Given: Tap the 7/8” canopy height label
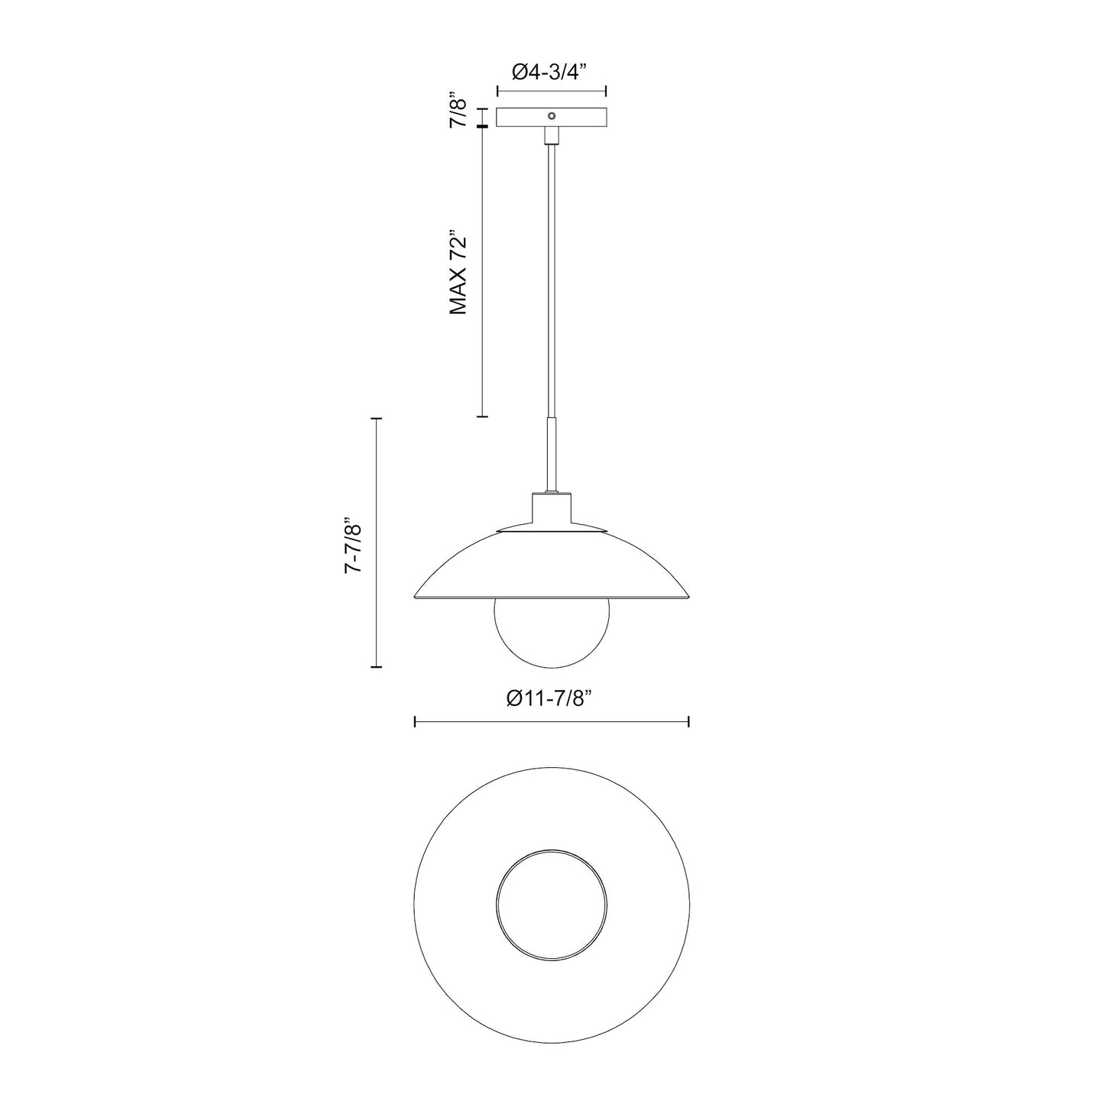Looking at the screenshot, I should coord(458,112).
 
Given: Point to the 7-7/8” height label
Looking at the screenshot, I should coord(352,543).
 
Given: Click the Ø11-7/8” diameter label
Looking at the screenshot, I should coord(551,698).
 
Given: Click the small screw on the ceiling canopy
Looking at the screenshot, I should coord(551,116).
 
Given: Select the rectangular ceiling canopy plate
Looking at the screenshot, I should coord(527,118).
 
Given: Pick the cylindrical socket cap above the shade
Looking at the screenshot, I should coord(551,510).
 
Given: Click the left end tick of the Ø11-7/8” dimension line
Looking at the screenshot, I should coord(414,721).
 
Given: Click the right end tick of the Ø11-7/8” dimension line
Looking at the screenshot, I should coord(689,721).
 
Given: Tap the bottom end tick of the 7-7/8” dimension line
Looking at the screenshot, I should coord(375,667).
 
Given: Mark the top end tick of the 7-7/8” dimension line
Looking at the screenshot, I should coord(375,419).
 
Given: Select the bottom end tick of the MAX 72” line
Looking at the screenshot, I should coord(482,416).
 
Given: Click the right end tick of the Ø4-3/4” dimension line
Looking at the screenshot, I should coord(606,91).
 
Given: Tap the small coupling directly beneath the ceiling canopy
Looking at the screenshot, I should coord(551,136).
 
